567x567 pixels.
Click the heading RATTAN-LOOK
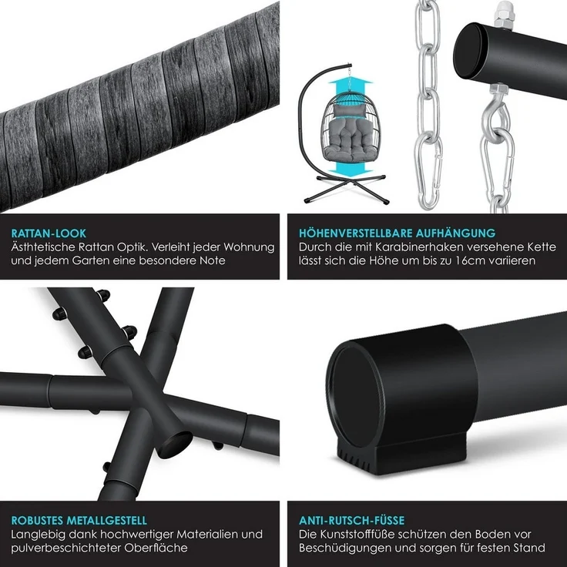49,233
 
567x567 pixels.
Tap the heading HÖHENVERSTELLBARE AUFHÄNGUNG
397,233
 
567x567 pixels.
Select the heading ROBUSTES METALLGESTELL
79,520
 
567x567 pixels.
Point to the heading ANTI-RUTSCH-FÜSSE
351,520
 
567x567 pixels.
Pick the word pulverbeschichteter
66,548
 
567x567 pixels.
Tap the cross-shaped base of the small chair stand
345,188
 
